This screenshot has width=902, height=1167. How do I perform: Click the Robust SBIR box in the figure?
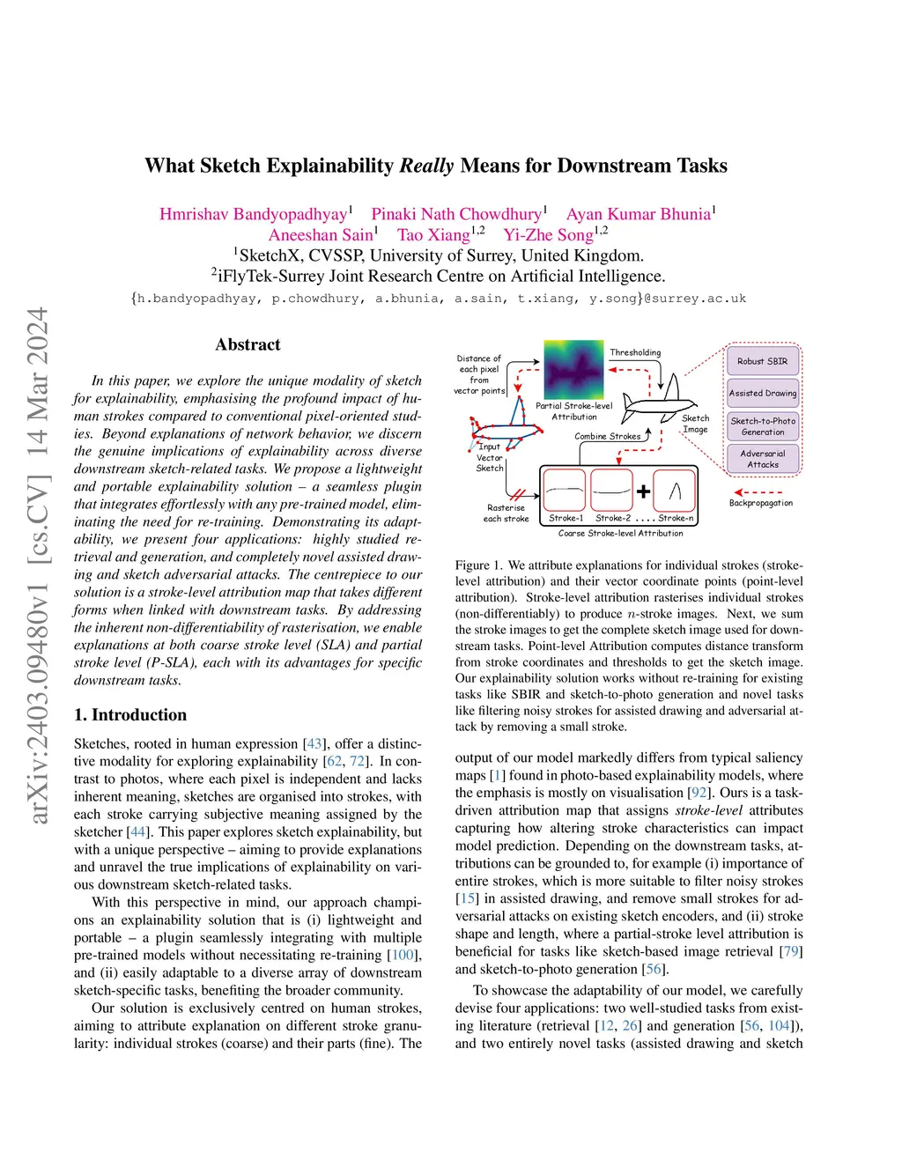762,361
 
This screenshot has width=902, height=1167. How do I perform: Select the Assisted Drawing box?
762,393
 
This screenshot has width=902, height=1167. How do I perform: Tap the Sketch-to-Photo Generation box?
762,426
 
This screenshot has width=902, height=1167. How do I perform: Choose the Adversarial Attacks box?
762,459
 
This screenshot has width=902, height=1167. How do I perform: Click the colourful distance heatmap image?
573,370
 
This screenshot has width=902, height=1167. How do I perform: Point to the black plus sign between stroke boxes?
644,491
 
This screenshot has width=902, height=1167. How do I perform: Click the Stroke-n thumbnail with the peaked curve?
675,490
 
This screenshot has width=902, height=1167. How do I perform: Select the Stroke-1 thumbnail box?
565,490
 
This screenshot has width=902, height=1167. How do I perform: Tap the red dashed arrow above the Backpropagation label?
758,492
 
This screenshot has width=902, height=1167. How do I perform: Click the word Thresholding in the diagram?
635,352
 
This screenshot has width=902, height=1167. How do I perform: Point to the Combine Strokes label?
608,436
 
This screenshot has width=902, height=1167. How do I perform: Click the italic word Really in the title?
426,166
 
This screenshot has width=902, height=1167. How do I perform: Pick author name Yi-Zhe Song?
548,235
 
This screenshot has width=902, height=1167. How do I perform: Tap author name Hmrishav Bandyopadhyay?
253,214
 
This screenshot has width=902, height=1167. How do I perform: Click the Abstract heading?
248,344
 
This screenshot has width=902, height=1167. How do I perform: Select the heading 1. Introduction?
130,714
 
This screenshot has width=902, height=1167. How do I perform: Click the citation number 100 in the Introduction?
403,955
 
